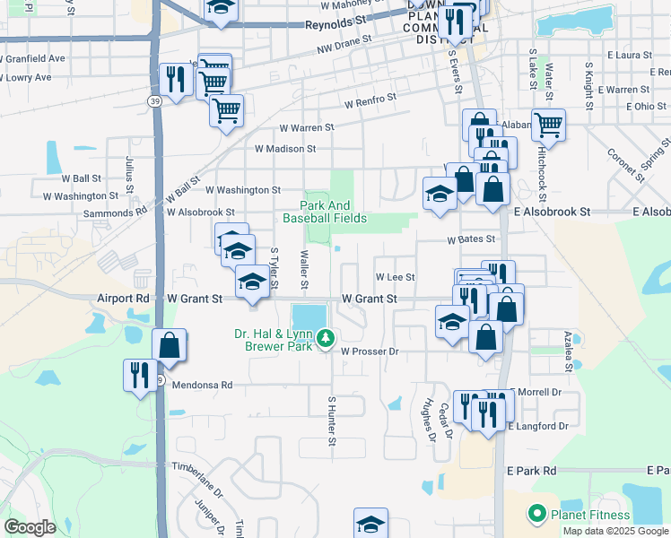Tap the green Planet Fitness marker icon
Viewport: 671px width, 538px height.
(x=537, y=514)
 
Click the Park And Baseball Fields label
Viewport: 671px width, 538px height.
(x=325, y=211)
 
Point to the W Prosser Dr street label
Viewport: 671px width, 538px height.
(x=370, y=351)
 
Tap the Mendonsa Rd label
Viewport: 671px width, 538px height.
(x=202, y=385)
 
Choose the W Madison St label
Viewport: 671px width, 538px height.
(x=285, y=149)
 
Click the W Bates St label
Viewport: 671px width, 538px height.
(x=472, y=239)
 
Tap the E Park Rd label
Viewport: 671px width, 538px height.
(x=531, y=470)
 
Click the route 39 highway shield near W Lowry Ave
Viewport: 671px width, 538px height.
(x=155, y=102)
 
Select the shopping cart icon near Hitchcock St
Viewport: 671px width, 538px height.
(x=548, y=125)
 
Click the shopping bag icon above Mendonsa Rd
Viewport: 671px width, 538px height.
(x=169, y=344)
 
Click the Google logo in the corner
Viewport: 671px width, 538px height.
(x=30, y=527)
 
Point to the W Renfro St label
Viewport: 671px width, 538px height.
(x=369, y=98)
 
